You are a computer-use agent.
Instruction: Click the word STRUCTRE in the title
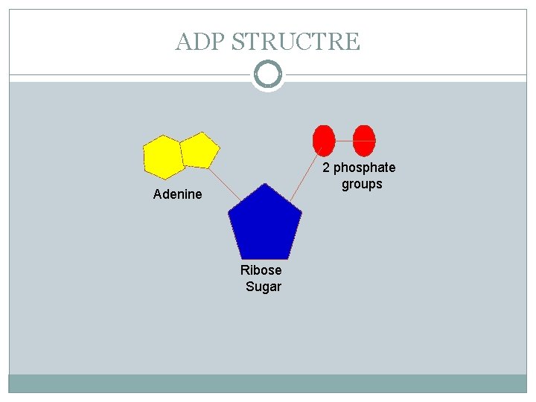(x=296, y=41)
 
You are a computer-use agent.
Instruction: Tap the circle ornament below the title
(x=268, y=74)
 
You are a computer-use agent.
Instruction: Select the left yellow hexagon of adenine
(x=162, y=157)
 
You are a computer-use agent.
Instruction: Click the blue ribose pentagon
(x=265, y=223)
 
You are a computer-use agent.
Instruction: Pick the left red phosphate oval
(x=323, y=140)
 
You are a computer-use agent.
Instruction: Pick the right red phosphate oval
(x=363, y=140)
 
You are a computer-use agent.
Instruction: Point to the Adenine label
(x=177, y=194)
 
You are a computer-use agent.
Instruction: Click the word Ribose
(x=261, y=270)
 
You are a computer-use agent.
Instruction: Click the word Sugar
(x=264, y=287)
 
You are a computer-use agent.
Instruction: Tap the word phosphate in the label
(x=365, y=167)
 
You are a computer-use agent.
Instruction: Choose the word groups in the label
(x=362, y=184)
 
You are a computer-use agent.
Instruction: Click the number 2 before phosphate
(x=326, y=167)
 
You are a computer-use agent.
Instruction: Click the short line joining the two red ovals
(x=343, y=140)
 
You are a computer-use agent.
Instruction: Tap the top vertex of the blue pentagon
(x=263, y=184)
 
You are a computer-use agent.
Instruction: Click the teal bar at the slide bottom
(x=268, y=383)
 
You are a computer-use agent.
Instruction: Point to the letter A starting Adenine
(x=157, y=194)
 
